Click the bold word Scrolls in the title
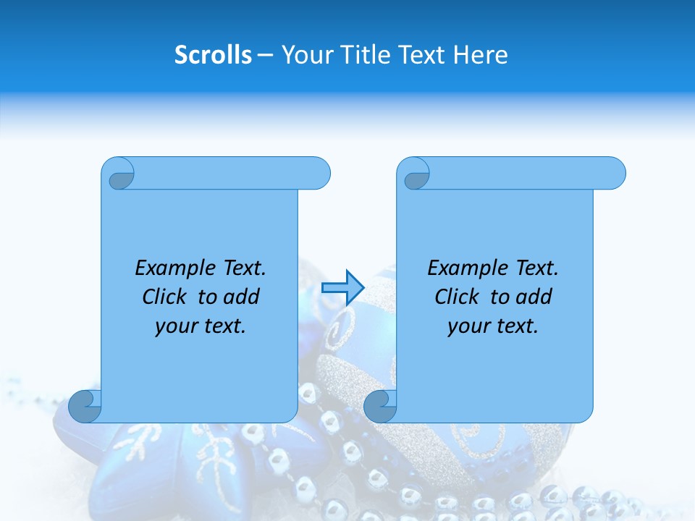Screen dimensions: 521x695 (x=213, y=55)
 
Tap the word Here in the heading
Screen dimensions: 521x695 (x=480, y=55)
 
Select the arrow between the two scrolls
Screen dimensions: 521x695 (x=342, y=287)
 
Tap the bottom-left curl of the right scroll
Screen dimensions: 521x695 (x=380, y=405)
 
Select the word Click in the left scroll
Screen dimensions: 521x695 (x=164, y=297)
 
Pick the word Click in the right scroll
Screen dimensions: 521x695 (x=457, y=297)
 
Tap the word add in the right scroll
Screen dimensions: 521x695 (x=534, y=297)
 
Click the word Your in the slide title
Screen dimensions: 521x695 (x=306, y=55)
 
